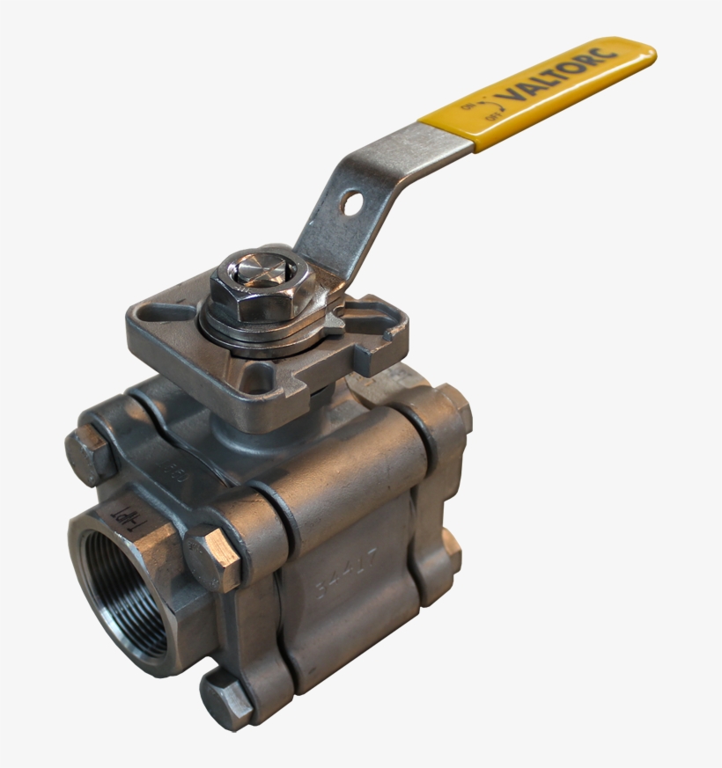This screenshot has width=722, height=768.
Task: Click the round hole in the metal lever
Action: tap(353, 204)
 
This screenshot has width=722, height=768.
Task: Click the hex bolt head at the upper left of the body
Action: tap(89, 456)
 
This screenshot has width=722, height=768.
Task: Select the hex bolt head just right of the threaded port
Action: tap(212, 558)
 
